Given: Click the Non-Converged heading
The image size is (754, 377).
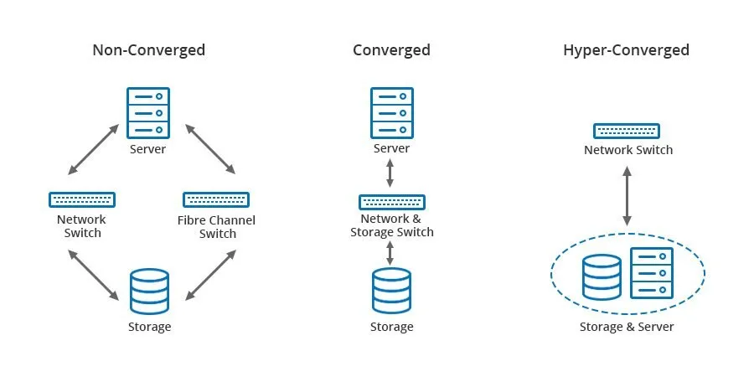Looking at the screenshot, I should [x=148, y=50].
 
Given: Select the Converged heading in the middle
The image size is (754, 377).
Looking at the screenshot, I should [x=391, y=50].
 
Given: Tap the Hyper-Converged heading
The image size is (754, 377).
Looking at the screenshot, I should [x=626, y=50].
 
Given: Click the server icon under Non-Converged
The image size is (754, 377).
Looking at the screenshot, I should [x=148, y=112].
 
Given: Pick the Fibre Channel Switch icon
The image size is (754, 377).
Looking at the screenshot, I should [x=216, y=200].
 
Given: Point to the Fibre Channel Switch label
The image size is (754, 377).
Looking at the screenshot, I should [x=216, y=227].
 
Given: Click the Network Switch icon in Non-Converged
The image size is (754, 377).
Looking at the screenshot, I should [x=82, y=200].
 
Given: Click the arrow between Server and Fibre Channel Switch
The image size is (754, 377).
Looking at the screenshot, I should [x=209, y=150].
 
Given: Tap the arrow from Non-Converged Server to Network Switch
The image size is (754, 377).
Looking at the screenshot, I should [x=92, y=150].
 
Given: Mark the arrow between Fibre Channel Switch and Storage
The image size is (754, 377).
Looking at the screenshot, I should [x=210, y=274].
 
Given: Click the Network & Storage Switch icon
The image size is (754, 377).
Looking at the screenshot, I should [x=391, y=202].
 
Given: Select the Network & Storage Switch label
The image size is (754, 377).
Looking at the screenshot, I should [x=391, y=225].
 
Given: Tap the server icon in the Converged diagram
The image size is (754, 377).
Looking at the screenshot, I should [x=391, y=112].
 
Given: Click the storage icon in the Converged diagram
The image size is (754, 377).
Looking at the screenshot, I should [x=391, y=290].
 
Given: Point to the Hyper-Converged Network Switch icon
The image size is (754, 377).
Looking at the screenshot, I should [x=626, y=131].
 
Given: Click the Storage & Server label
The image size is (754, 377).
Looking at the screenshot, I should [x=626, y=327].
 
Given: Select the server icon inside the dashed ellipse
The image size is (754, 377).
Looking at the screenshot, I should [x=652, y=273].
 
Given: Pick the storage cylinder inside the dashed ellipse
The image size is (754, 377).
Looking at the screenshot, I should [x=602, y=277].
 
